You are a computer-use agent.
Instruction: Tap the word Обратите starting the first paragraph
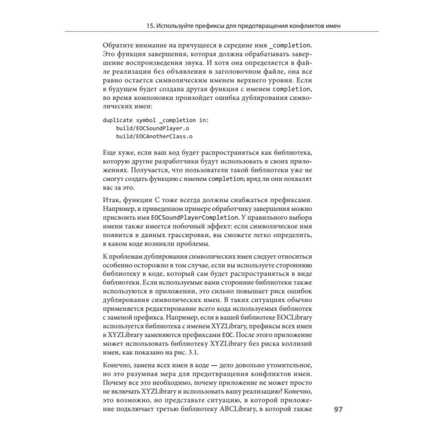(117, 45)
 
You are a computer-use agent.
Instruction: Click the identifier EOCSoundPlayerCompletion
(194, 218)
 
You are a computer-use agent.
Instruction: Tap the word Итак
(111, 198)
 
